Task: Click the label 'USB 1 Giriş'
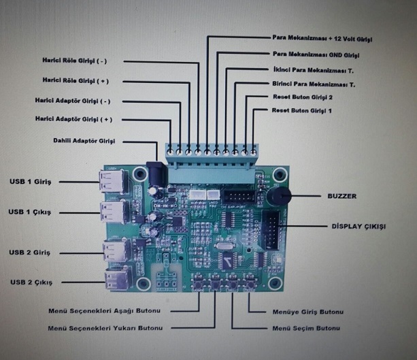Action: pos(31,182)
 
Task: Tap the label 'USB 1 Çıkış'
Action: pos(31,212)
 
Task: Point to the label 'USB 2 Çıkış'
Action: pos(31,282)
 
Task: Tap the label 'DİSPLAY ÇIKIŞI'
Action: pos(358,225)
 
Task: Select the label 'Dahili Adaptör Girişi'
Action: pos(84,141)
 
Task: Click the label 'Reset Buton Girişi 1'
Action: pos(301,110)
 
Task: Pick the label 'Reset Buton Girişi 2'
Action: pos(303,97)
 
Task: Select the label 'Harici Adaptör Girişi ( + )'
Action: pos(73,119)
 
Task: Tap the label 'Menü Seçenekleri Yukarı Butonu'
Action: pos(106,328)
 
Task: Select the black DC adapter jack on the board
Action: pos(156,176)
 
